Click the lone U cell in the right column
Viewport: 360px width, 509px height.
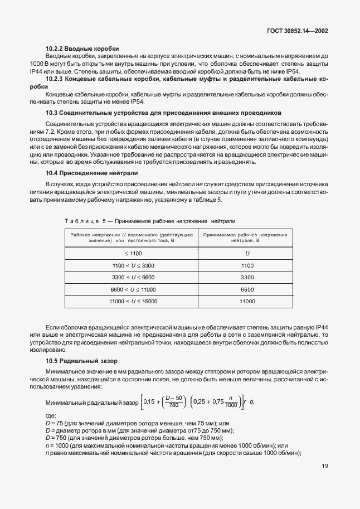point(247,253)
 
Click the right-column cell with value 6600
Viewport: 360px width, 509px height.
point(247,289)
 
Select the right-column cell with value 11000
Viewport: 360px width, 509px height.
point(247,301)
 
